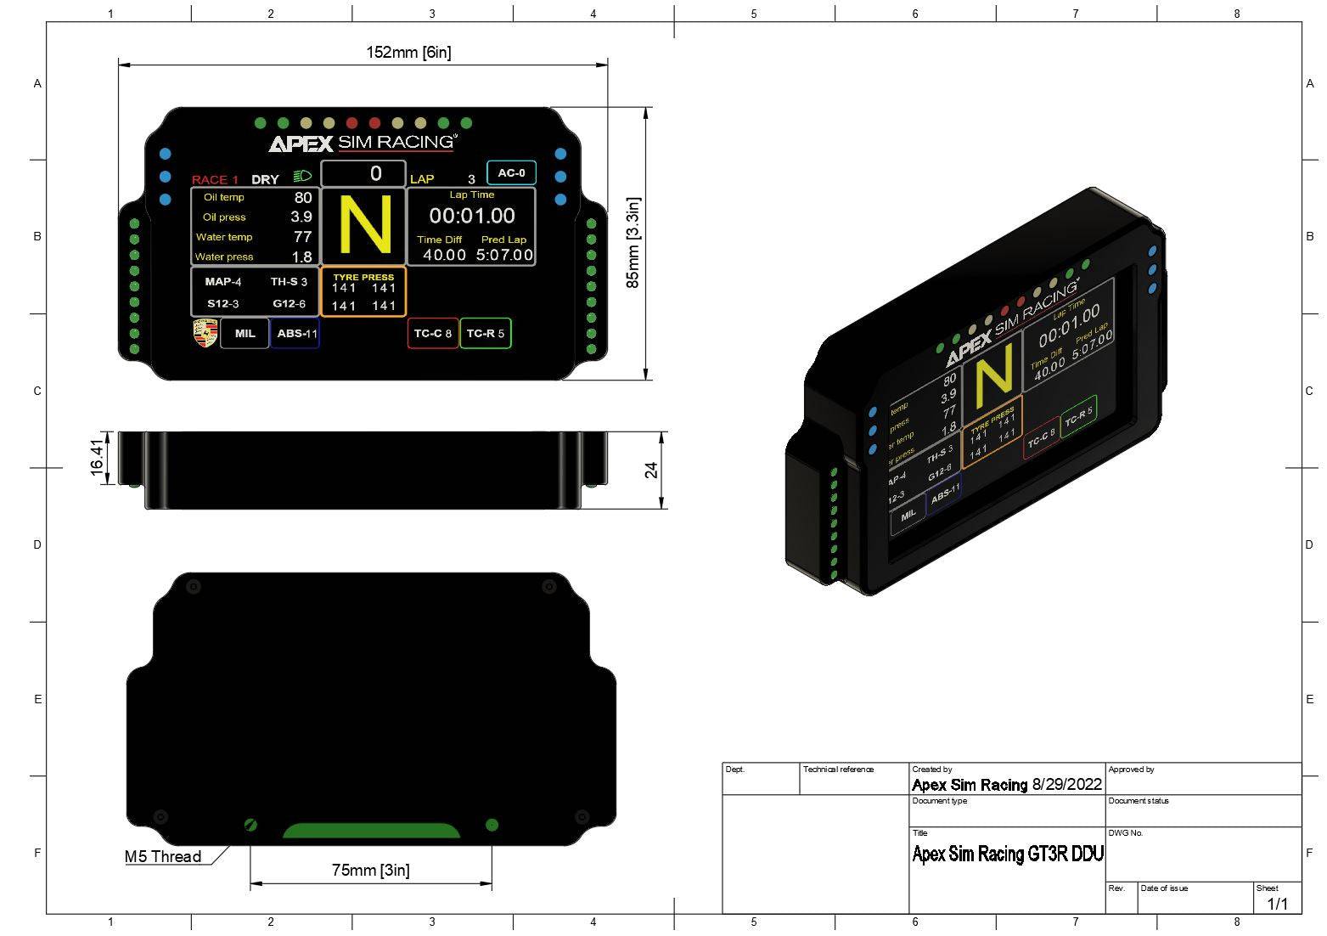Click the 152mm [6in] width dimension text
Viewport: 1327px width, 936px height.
coord(408,53)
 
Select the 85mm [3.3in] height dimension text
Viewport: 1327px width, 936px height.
coord(633,243)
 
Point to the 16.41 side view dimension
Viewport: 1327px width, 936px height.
coord(98,457)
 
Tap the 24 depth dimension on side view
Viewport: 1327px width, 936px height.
coord(651,470)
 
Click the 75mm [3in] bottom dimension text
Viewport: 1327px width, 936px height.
coord(370,870)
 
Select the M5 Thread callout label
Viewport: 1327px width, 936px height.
coord(163,856)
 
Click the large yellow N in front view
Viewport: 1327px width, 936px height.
coord(365,225)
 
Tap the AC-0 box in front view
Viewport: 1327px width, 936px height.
coord(511,173)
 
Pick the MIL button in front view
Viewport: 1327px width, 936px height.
coord(245,334)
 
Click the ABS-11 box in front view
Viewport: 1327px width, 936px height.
coord(296,334)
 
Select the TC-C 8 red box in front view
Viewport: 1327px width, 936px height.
coord(433,334)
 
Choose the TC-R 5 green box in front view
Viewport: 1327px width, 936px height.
coord(486,334)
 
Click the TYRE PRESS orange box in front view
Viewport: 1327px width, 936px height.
coord(363,292)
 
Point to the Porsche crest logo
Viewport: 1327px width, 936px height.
coord(205,333)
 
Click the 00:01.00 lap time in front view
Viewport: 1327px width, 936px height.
coord(472,216)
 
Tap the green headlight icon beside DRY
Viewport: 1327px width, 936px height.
coord(302,177)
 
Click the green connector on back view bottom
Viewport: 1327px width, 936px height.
coord(371,830)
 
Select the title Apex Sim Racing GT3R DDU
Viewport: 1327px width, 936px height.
coord(1007,854)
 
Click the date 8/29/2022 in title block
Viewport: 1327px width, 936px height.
coord(1066,785)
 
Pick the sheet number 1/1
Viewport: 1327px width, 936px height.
coord(1277,904)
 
